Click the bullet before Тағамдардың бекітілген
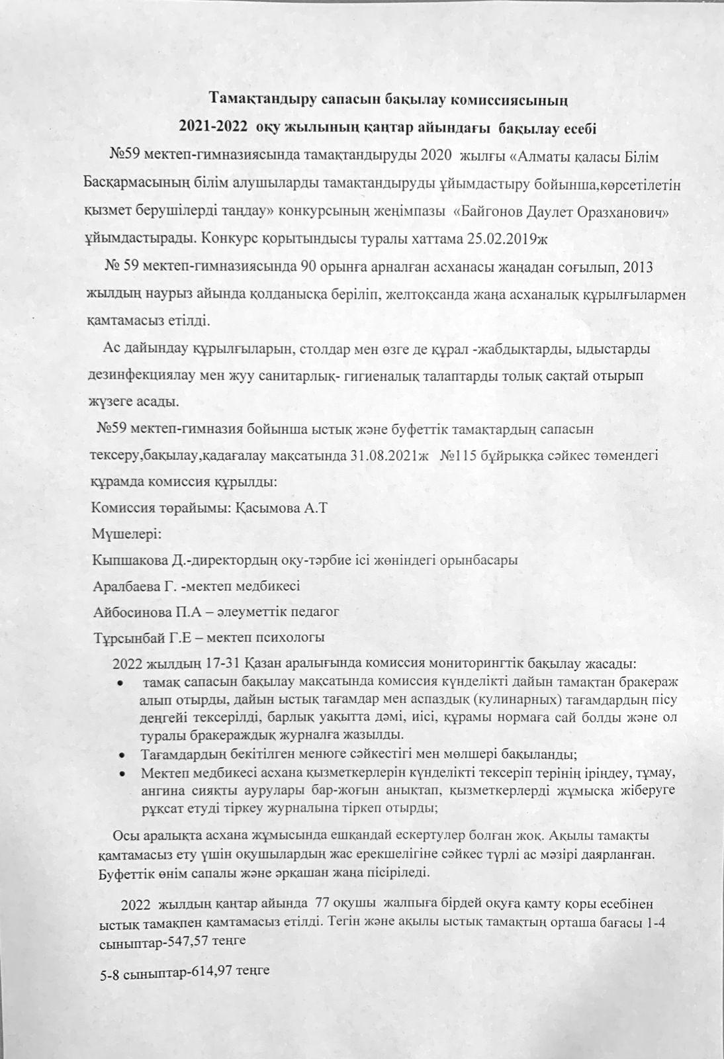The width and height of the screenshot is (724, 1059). click(120, 755)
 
